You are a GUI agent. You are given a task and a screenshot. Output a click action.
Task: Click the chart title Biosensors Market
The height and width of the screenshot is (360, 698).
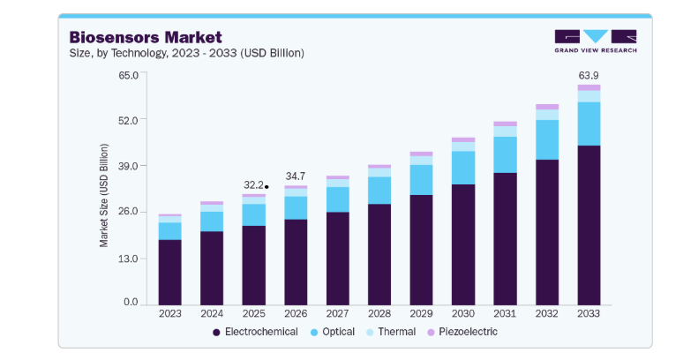[x=146, y=37]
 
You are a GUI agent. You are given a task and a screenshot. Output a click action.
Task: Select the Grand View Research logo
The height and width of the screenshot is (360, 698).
[x=596, y=41]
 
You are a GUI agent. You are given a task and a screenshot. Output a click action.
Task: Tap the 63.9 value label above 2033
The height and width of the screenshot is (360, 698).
[x=589, y=76]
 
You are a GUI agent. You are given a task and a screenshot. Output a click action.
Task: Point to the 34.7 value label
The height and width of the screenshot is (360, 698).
[x=296, y=176]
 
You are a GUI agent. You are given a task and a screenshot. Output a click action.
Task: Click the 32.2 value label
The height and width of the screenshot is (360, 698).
[x=253, y=185]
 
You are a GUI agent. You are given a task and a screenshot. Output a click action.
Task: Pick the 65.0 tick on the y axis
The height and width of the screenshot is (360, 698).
[x=128, y=75]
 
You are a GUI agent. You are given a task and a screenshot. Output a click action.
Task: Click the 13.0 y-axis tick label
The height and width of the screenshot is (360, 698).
[x=128, y=259]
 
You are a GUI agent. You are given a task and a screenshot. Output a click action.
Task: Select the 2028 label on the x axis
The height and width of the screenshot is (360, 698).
[x=379, y=314]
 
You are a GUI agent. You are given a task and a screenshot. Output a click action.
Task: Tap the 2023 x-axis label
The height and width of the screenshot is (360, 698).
[x=170, y=314]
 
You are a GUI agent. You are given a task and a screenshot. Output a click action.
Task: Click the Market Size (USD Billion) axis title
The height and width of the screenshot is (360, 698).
[x=104, y=195]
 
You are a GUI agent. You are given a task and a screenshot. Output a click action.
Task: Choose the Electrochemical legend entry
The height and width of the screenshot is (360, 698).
[x=255, y=332]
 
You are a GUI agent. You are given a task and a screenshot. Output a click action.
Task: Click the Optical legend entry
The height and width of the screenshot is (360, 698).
[x=332, y=332]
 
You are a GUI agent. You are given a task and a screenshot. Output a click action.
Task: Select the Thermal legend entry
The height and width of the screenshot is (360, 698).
[x=390, y=332]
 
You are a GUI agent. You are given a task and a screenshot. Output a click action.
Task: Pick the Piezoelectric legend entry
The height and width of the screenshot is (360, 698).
[x=462, y=332]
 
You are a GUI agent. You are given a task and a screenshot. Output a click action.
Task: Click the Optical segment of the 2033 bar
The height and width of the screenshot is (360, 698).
[x=589, y=124]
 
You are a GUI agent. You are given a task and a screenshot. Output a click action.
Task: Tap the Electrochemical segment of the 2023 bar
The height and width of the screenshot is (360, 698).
[x=170, y=273]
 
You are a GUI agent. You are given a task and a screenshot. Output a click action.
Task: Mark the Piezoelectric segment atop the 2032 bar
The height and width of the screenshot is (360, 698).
[x=547, y=107]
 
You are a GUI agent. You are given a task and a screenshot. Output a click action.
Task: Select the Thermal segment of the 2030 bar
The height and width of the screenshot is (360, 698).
[x=463, y=146]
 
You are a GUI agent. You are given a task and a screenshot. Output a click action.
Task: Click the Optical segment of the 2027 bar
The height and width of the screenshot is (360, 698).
[x=337, y=199]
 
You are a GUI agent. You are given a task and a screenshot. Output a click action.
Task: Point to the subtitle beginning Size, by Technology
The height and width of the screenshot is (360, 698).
[x=186, y=53]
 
